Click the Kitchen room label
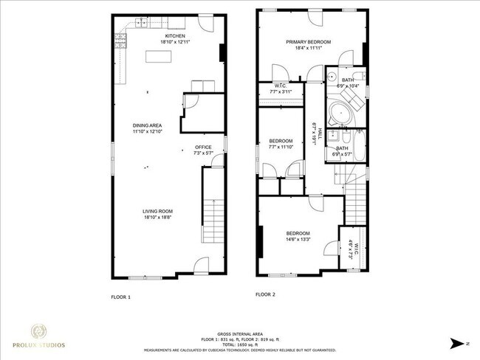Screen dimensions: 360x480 174,36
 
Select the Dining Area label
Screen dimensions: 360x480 147,125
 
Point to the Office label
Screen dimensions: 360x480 202,147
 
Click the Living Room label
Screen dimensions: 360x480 157,212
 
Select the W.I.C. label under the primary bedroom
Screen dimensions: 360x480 281,86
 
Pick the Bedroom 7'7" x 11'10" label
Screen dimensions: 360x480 281,140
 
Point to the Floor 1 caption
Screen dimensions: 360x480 120,297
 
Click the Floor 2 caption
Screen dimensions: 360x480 265,294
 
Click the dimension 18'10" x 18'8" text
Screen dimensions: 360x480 157,218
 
